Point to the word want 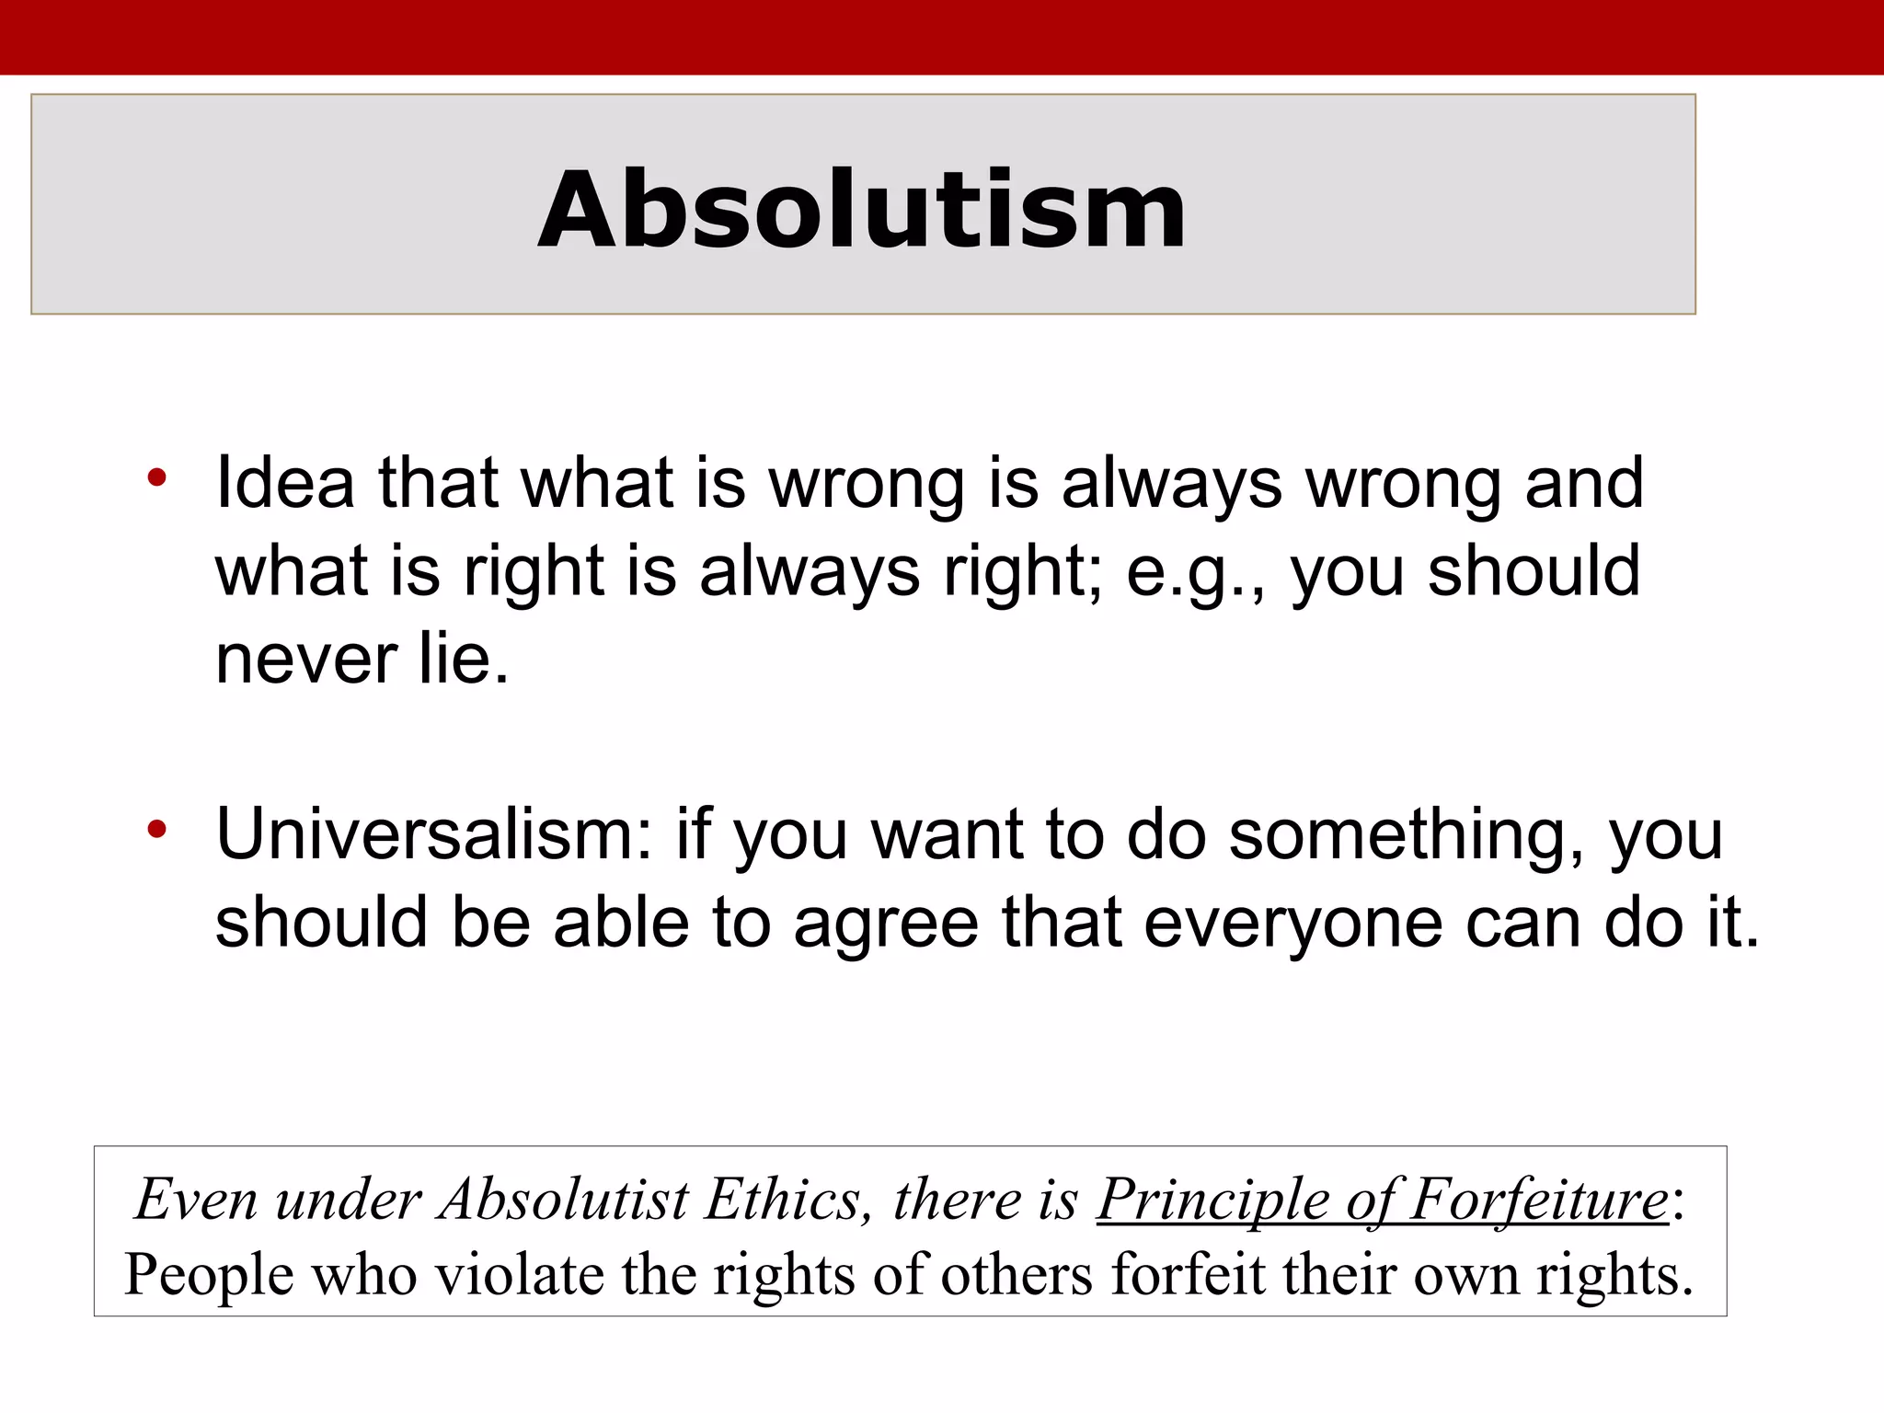[x=947, y=833]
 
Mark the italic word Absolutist [x=563, y=1200]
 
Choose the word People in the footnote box [x=209, y=1275]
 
